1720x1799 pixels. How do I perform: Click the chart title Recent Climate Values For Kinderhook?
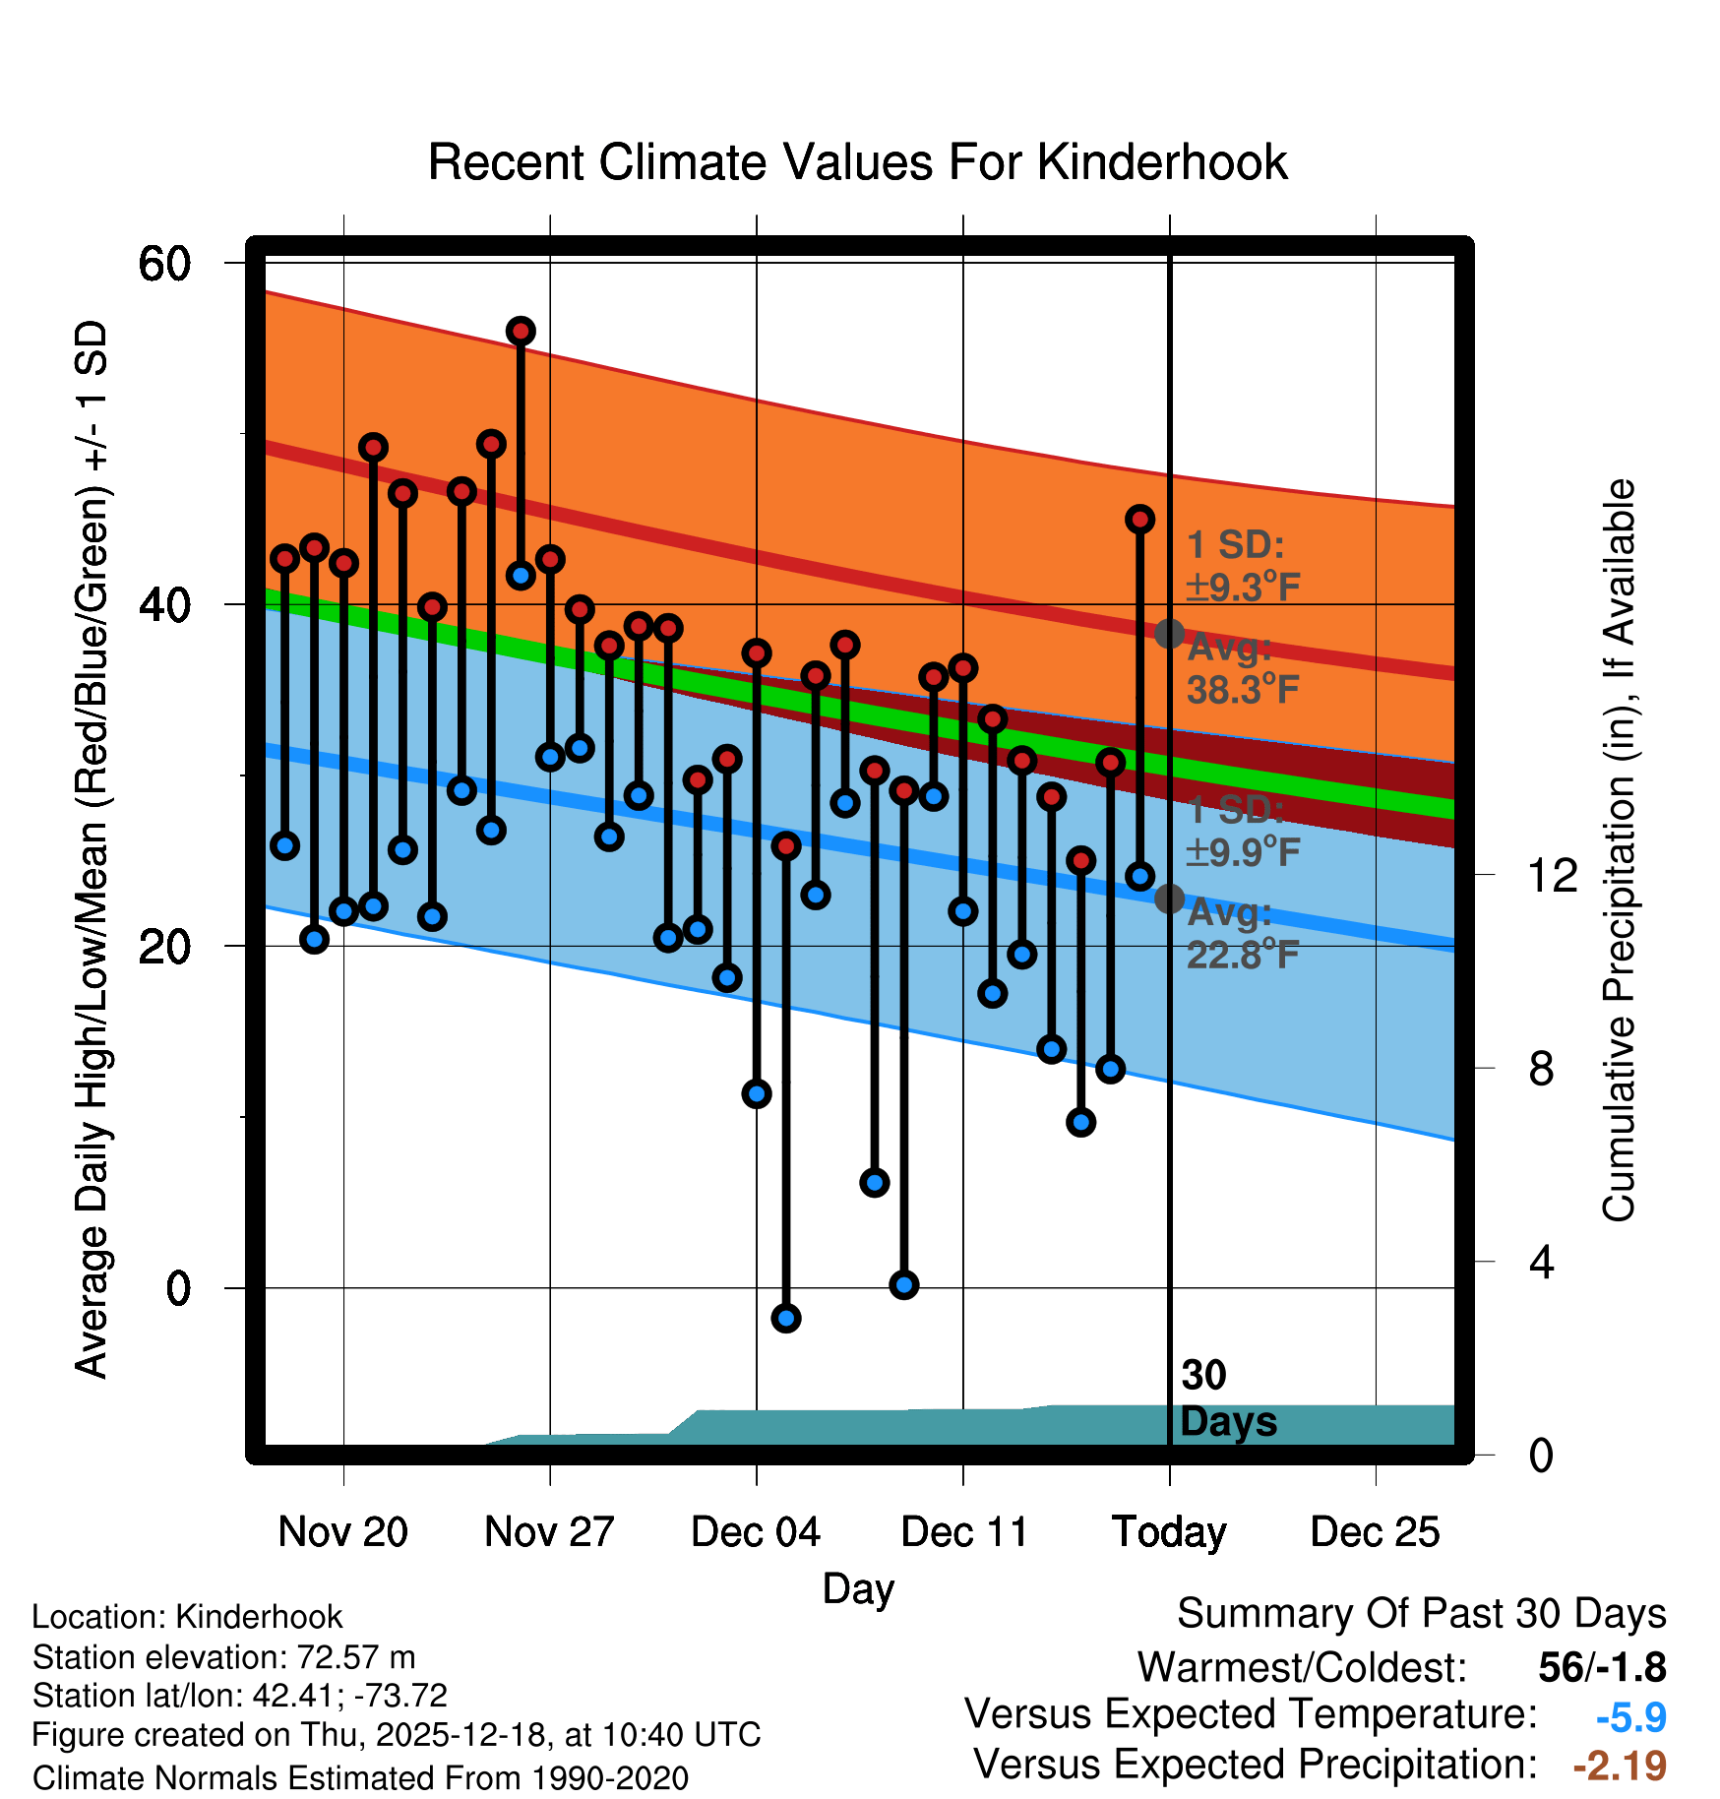pyautogui.click(x=857, y=162)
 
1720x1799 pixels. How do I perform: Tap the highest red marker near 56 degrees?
pyautogui.click(x=521, y=331)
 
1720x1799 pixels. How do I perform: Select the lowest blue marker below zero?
pyautogui.click(x=785, y=1318)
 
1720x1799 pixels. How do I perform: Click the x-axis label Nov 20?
pyautogui.click(x=342, y=1532)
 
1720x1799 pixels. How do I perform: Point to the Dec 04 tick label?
pyautogui.click(x=756, y=1532)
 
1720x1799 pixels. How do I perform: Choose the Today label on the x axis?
pyautogui.click(x=1169, y=1532)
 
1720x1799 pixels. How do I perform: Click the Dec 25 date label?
pyautogui.click(x=1375, y=1532)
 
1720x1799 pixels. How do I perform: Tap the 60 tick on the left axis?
pyautogui.click(x=164, y=264)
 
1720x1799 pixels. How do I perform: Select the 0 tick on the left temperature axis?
pyautogui.click(x=178, y=1288)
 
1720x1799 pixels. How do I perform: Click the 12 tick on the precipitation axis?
pyautogui.click(x=1552, y=875)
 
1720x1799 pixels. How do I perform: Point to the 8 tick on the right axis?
pyautogui.click(x=1541, y=1069)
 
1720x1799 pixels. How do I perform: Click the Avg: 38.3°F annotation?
pyautogui.click(x=1242, y=669)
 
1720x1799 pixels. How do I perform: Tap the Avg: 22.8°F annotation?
pyautogui.click(x=1242, y=934)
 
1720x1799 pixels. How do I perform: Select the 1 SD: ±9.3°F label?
pyautogui.click(x=1242, y=566)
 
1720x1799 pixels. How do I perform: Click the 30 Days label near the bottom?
pyautogui.click(x=1227, y=1398)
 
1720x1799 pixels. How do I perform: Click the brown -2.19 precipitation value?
pyautogui.click(x=1620, y=1766)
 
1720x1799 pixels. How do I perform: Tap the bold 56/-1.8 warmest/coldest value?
pyautogui.click(x=1602, y=1667)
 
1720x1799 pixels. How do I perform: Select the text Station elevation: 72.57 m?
pyautogui.click(x=223, y=1657)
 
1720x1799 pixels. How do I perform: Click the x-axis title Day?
pyautogui.click(x=858, y=1588)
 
